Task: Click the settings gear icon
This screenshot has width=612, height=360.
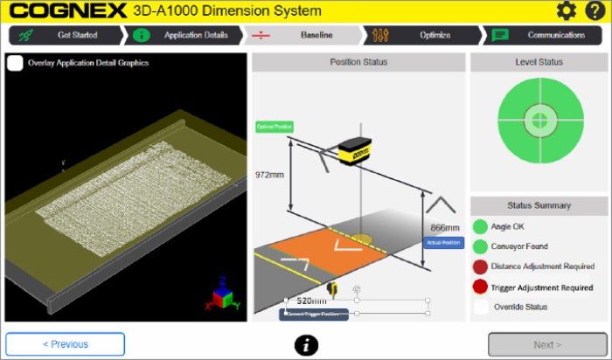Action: point(567,11)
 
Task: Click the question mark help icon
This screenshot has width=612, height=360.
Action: point(594,11)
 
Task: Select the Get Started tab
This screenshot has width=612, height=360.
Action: point(66,36)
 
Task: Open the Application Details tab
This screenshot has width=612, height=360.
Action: point(184,36)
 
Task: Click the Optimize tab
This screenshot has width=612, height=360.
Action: point(423,36)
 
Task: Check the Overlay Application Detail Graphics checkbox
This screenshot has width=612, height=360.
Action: point(15,64)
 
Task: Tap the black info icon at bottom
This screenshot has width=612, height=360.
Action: point(305,345)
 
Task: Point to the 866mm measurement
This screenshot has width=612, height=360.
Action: point(445,227)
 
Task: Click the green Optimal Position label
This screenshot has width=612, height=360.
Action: point(275,127)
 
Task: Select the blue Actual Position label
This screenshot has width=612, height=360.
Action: point(444,242)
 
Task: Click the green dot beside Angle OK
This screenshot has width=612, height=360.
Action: point(480,226)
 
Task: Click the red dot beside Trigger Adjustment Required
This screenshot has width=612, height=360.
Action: point(480,287)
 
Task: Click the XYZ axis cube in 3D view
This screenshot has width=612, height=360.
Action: point(225,295)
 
